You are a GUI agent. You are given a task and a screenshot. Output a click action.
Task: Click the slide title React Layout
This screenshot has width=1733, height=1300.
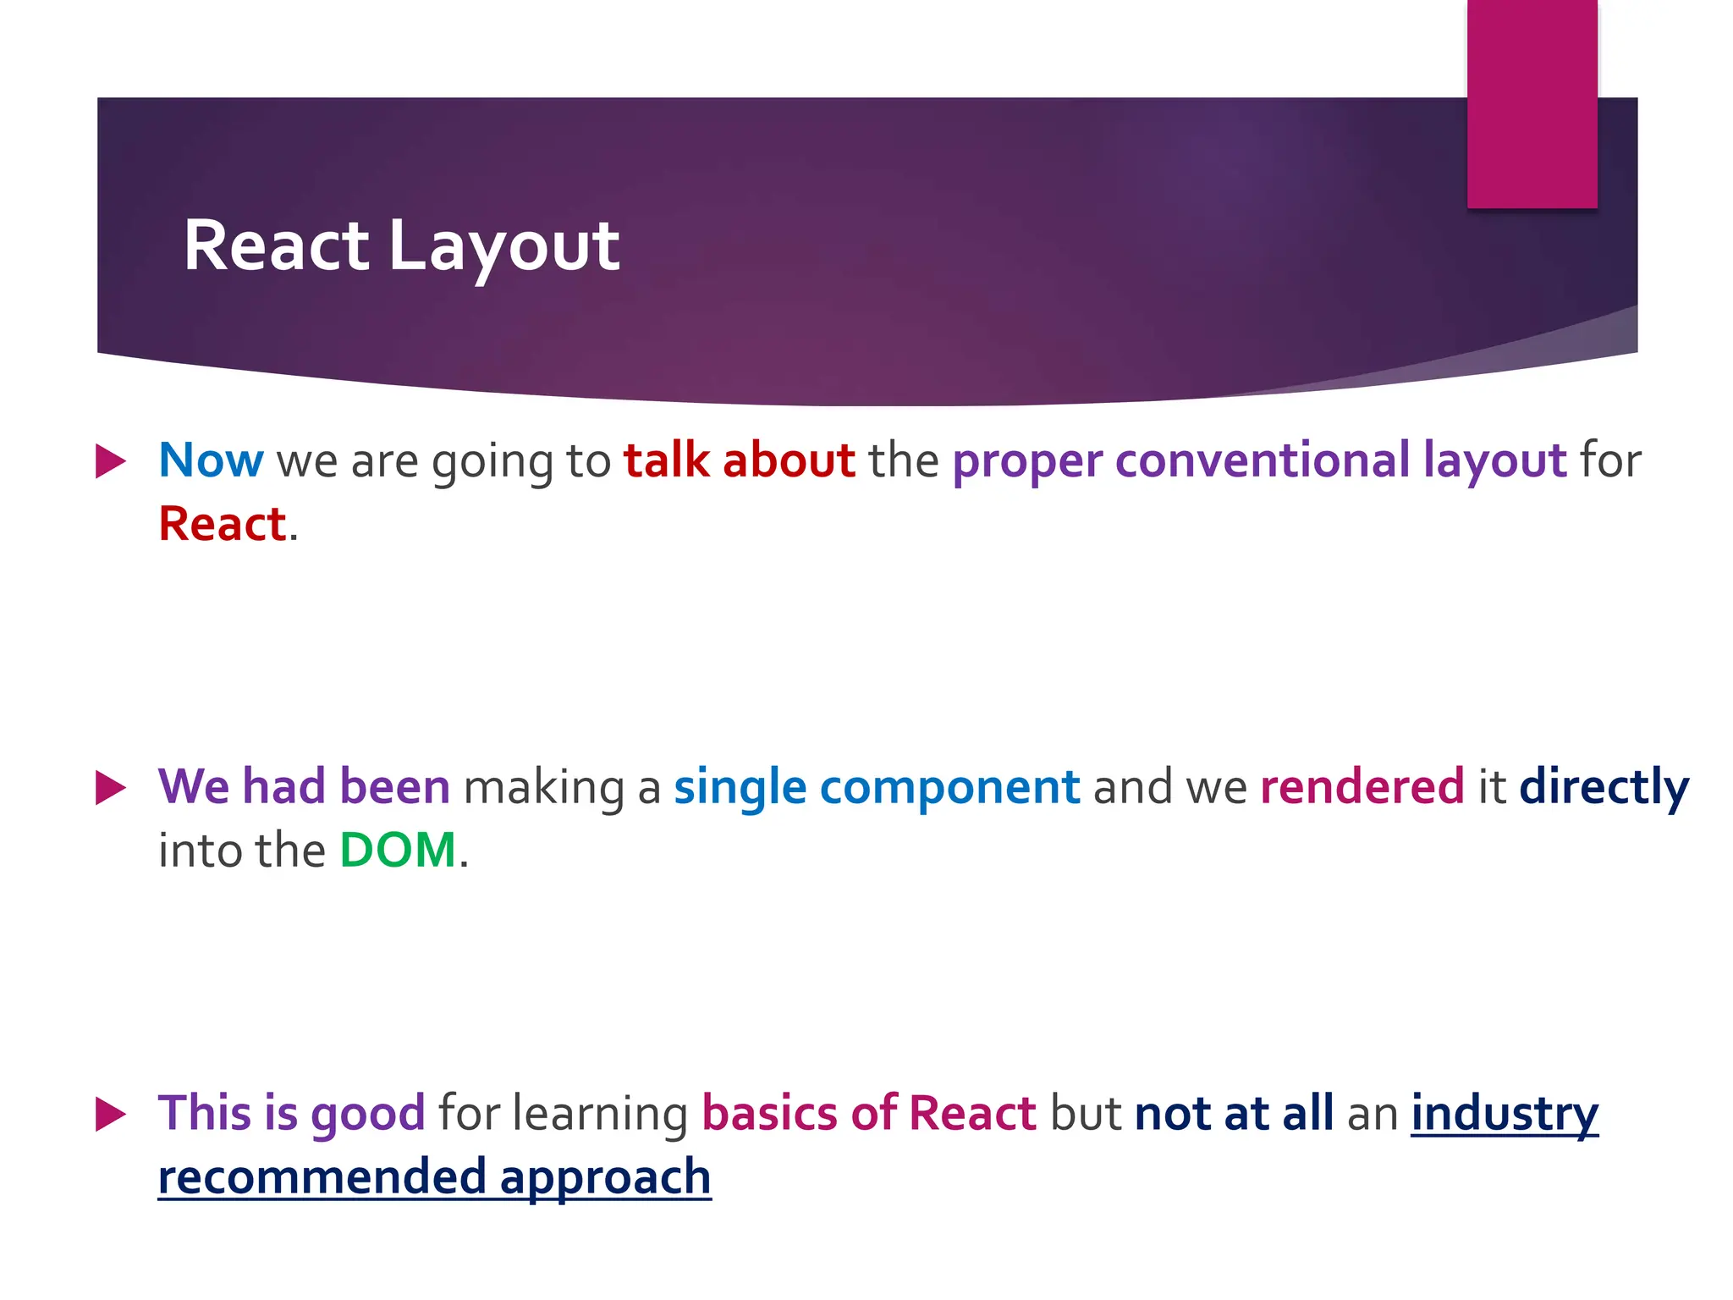pyautogui.click(x=401, y=246)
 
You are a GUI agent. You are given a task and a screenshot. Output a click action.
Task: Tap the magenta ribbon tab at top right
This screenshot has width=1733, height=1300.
pyautogui.click(x=1532, y=103)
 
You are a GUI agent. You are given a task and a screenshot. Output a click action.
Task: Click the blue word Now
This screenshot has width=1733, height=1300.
pyautogui.click(x=211, y=460)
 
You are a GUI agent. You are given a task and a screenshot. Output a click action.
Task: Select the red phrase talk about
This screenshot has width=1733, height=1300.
pyautogui.click(x=739, y=460)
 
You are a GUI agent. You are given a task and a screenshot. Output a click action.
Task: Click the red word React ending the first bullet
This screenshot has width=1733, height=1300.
pyautogui.click(x=223, y=524)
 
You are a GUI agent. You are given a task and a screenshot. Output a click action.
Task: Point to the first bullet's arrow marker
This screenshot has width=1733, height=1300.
pyautogui.click(x=111, y=461)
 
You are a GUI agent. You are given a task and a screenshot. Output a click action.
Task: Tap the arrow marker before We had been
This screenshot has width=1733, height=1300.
pyautogui.click(x=111, y=788)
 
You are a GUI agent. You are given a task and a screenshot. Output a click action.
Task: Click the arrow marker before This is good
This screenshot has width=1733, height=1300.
pyautogui.click(x=111, y=1114)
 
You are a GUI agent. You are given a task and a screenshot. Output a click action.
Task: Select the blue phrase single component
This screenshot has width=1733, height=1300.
pyautogui.click(x=877, y=787)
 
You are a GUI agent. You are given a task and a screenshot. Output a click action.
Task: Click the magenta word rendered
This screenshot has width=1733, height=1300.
pyautogui.click(x=1362, y=787)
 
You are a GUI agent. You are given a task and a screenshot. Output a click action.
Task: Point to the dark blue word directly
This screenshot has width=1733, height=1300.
pyautogui.click(x=1604, y=787)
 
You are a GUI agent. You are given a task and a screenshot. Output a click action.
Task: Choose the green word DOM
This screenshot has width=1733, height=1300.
pyautogui.click(x=398, y=851)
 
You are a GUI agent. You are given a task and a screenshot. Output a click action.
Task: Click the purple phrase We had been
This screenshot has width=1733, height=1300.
pyautogui.click(x=304, y=787)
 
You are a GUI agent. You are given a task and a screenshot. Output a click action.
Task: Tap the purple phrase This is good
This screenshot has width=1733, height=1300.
pyautogui.click(x=291, y=1113)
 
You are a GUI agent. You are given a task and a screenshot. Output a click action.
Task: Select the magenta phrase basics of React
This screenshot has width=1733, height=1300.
pyautogui.click(x=869, y=1113)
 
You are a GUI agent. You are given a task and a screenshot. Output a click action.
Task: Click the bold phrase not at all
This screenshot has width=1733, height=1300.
pyautogui.click(x=1234, y=1113)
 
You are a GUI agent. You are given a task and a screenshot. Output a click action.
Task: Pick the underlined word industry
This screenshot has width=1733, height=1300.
pyautogui.click(x=1504, y=1113)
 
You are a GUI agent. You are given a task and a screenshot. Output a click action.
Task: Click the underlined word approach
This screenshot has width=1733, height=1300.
pyautogui.click(x=605, y=1177)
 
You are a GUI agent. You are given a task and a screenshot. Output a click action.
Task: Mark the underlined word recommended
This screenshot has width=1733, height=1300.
pyautogui.click(x=322, y=1177)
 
